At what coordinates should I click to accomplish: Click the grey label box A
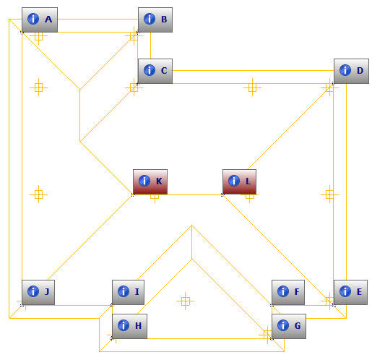pos(40,20)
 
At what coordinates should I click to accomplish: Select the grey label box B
pos(155,20)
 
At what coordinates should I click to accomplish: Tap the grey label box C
pos(155,71)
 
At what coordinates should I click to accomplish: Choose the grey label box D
pos(351,71)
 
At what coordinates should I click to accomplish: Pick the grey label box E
pos(350,292)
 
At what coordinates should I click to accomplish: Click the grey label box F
pos(288,292)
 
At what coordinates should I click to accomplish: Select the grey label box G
pos(289,326)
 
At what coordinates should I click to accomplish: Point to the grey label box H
pos(129,326)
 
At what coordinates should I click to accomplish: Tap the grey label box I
pos(128,292)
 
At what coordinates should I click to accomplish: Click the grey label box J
pos(38,292)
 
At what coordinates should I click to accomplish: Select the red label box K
pos(150,181)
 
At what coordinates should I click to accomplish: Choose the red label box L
pos(239,181)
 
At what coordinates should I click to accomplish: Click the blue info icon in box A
pos(33,19)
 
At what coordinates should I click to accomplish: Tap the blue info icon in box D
pos(345,70)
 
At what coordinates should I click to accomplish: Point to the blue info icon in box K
pos(144,181)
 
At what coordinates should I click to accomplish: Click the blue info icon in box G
pos(283,325)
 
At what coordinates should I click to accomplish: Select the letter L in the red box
pos(248,181)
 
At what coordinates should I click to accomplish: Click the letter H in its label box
pos(138,326)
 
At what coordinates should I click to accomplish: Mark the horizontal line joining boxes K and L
pos(195,194)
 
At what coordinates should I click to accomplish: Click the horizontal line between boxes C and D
pos(253,71)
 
